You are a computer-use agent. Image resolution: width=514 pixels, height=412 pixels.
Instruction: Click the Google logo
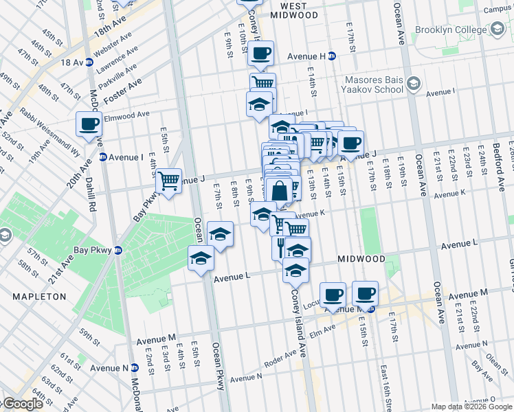pos(22,404)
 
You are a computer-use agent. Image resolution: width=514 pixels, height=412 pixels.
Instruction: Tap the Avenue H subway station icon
pos(332,56)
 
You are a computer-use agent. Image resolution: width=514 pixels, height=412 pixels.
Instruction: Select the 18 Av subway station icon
pos(88,62)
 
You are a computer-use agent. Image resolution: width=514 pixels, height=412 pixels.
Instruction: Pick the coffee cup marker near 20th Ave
pos(89,124)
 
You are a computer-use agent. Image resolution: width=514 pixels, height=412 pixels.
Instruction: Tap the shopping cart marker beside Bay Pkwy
pos(168,181)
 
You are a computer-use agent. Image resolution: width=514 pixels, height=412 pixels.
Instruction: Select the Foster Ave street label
pos(122,91)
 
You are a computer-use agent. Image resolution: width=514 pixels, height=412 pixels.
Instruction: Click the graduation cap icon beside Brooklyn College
pos(496,30)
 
